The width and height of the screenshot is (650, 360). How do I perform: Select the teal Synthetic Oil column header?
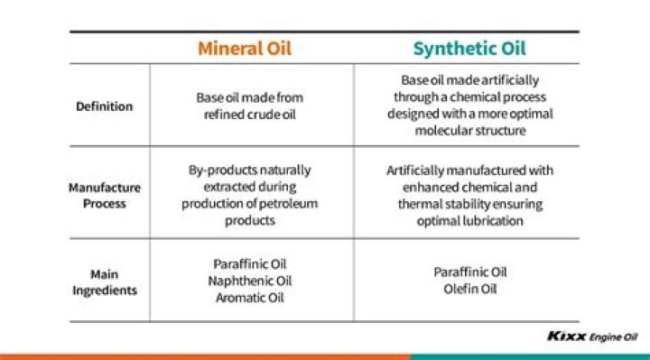[x=469, y=48]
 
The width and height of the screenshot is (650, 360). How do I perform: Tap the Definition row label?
[x=106, y=106]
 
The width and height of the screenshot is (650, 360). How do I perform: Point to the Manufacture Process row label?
[x=106, y=195]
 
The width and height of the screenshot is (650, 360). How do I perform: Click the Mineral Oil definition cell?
[x=250, y=106]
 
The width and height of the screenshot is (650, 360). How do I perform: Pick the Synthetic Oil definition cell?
[x=469, y=106]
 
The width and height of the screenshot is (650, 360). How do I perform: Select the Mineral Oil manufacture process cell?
[x=250, y=195]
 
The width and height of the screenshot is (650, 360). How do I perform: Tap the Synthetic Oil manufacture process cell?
[x=469, y=195]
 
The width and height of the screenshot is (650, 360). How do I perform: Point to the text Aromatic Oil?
[x=251, y=297]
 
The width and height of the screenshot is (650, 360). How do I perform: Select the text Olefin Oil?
[x=470, y=289]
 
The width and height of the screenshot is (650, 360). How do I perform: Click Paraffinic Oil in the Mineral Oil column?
[x=251, y=264]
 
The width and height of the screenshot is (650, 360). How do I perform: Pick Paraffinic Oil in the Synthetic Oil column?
[x=470, y=272]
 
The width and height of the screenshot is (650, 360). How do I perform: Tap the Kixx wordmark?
[x=566, y=337]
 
